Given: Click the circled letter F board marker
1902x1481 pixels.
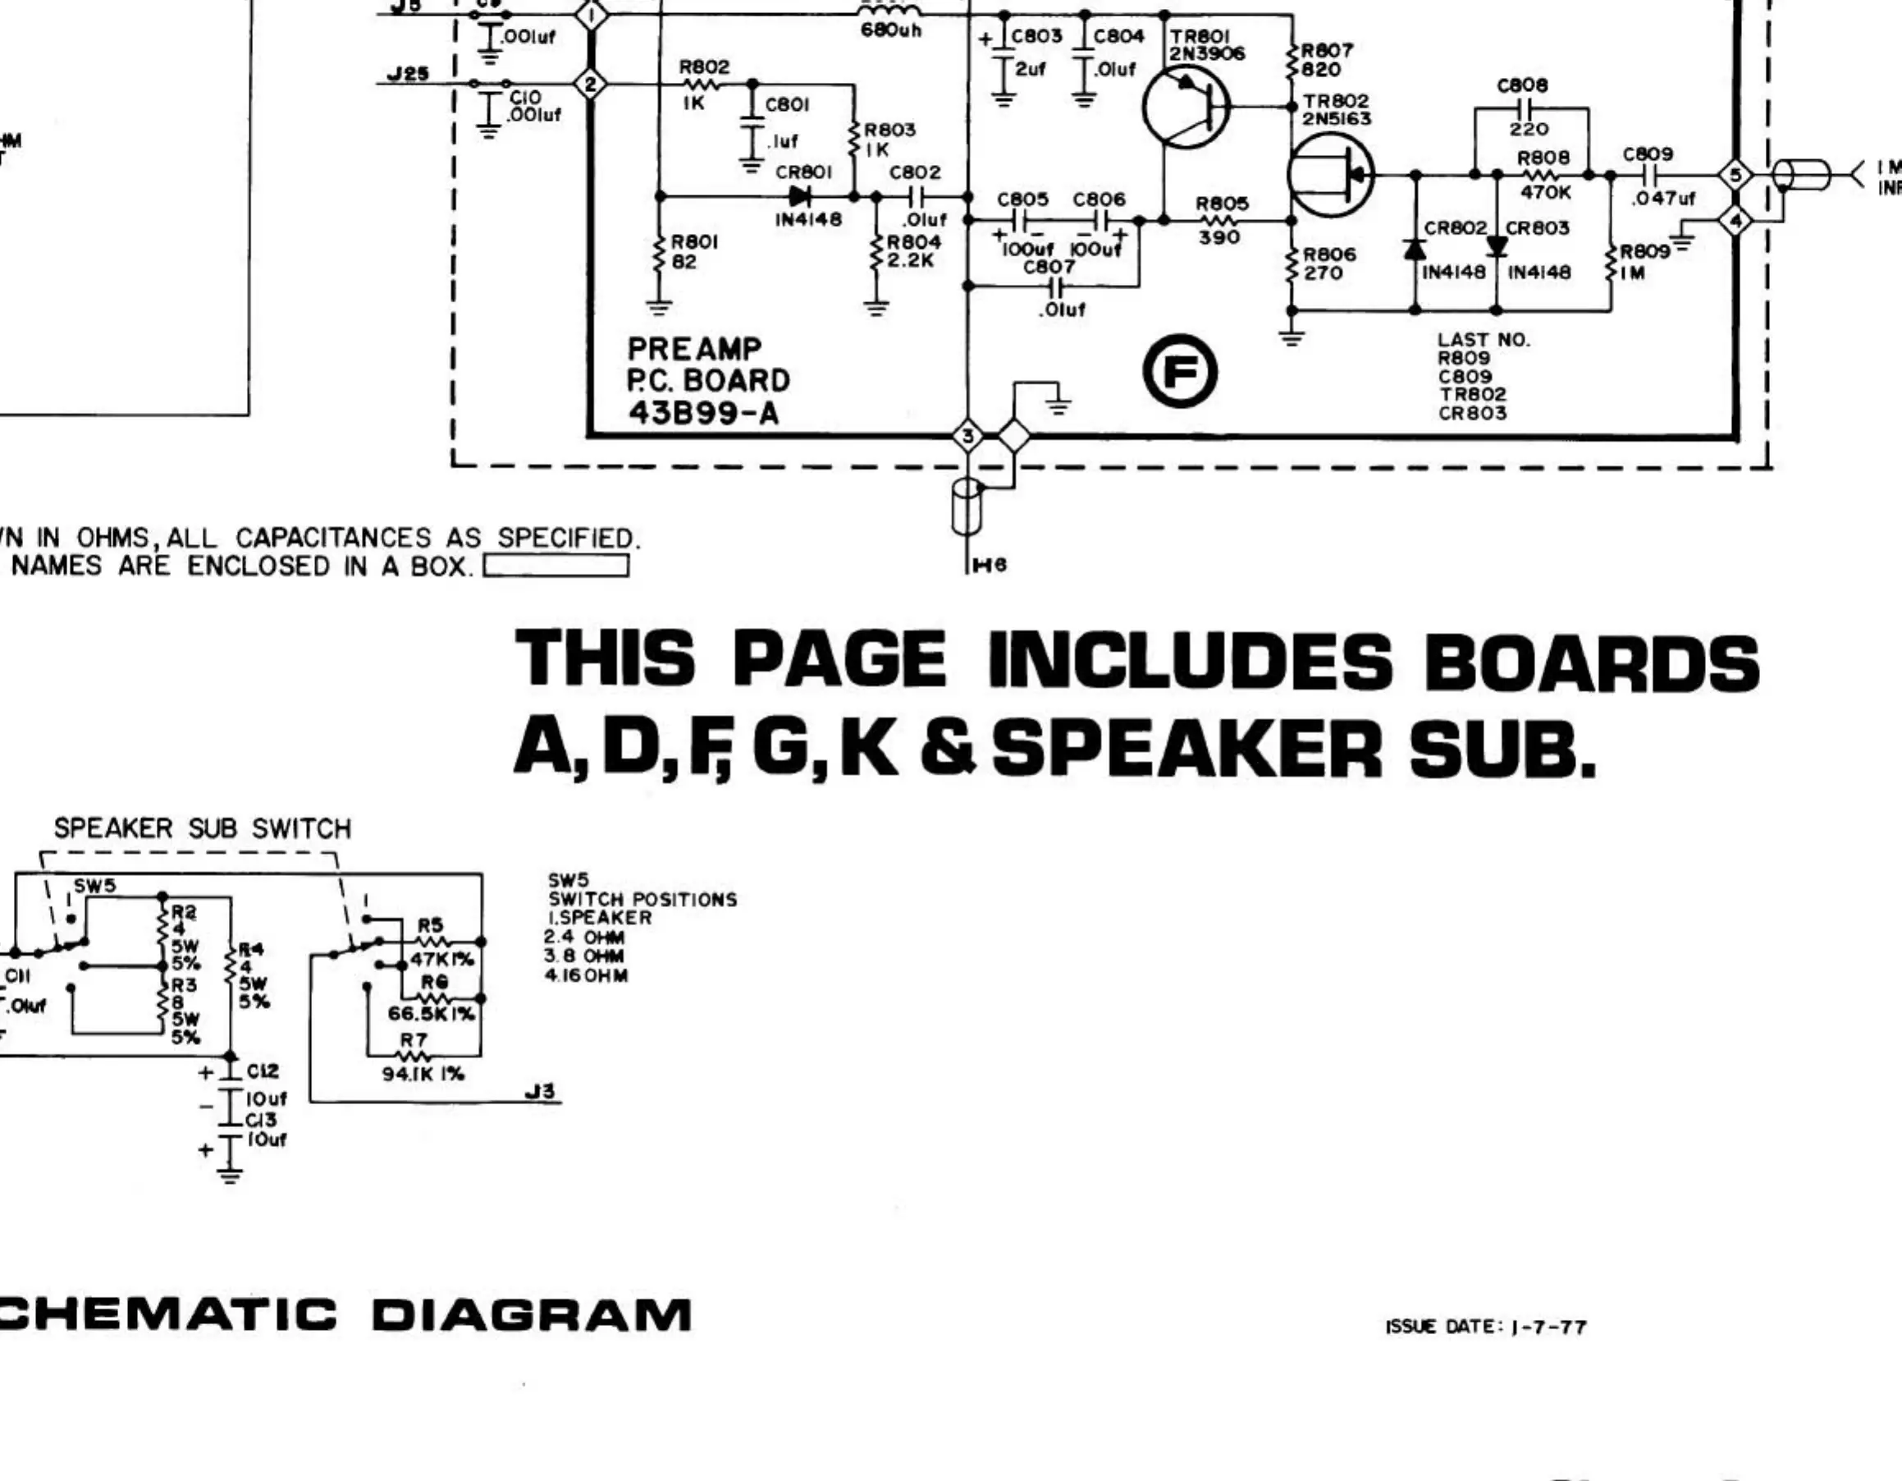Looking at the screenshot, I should pyautogui.click(x=1180, y=372).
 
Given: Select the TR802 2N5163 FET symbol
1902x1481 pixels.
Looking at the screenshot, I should pyautogui.click(x=1330, y=176).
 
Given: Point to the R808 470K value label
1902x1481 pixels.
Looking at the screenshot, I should pyautogui.click(x=1545, y=191).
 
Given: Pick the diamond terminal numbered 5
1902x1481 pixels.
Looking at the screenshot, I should pyautogui.click(x=1735, y=175).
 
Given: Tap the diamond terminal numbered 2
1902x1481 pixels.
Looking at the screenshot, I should pyautogui.click(x=592, y=85).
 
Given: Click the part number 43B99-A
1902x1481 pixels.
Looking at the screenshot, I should pyautogui.click(x=703, y=413).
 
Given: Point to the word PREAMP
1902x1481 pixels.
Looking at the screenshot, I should pyautogui.click(x=694, y=350).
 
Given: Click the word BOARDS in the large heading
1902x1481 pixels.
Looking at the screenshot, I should pyautogui.click(x=1591, y=662).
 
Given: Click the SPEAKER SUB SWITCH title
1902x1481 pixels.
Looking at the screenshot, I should pyautogui.click(x=202, y=828).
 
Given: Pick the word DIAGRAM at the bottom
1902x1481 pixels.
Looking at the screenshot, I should pyautogui.click(x=531, y=1314).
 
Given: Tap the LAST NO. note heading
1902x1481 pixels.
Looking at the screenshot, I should pyautogui.click(x=1483, y=340).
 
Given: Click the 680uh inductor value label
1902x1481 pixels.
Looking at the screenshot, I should pyautogui.click(x=890, y=30).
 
